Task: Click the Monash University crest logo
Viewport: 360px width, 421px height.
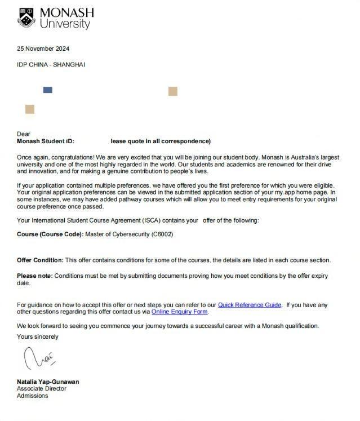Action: click(26, 17)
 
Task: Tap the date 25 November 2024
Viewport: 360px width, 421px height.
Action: click(43, 48)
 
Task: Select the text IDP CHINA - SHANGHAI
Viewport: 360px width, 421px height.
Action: click(51, 65)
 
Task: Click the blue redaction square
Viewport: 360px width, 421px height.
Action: click(48, 90)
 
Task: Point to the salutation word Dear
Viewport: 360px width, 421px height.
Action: click(24, 134)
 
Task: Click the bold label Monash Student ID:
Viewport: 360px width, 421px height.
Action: click(46, 141)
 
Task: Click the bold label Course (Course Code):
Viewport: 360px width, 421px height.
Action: click(50, 234)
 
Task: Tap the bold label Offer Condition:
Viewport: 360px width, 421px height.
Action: click(40, 260)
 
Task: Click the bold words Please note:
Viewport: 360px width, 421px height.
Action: click(35, 276)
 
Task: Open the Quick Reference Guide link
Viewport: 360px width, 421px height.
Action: click(250, 305)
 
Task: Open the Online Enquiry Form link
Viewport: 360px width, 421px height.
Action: click(180, 312)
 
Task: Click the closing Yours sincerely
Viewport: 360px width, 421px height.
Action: click(38, 336)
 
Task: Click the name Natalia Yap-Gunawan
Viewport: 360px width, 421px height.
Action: click(48, 382)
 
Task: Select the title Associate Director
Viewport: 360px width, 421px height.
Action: click(42, 388)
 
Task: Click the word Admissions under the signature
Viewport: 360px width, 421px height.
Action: click(33, 396)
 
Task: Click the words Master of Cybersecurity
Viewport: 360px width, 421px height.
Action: click(117, 234)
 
